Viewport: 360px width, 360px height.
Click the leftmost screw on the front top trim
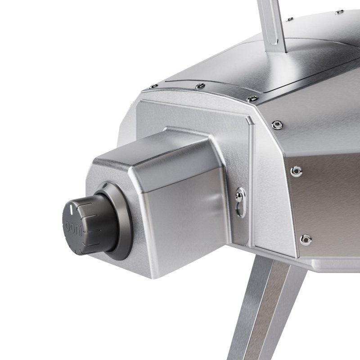point(154,86)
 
